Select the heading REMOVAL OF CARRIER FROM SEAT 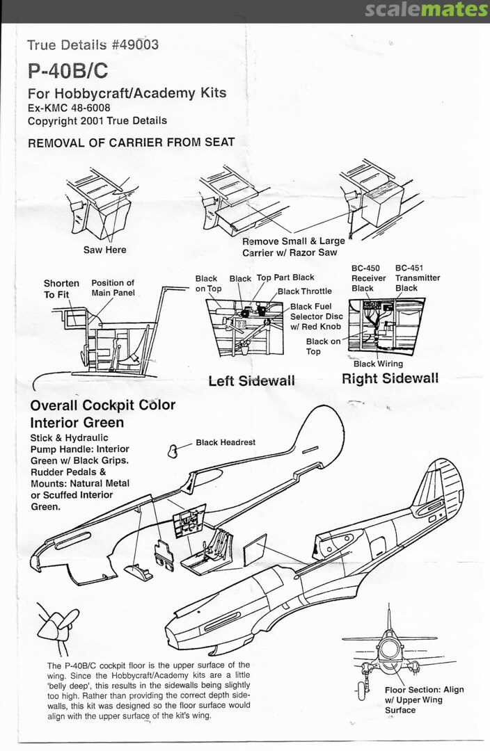click(x=131, y=143)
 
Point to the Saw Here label click(x=105, y=250)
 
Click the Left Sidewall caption click(x=251, y=380)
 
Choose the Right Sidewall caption click(x=390, y=378)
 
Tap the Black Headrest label click(x=226, y=442)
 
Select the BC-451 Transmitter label click(x=417, y=277)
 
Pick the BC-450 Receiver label click(x=368, y=277)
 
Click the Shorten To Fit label click(x=61, y=289)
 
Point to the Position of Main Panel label click(x=112, y=288)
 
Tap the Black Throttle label click(x=305, y=291)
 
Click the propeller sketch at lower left click(x=56, y=626)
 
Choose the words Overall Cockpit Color click(x=102, y=405)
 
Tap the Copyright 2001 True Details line click(x=97, y=120)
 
